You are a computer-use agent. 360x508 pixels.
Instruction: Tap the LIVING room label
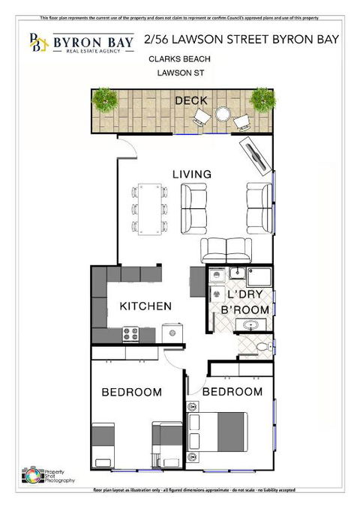pos(192,174)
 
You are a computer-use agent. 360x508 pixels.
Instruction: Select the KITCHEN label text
pos(145,306)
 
